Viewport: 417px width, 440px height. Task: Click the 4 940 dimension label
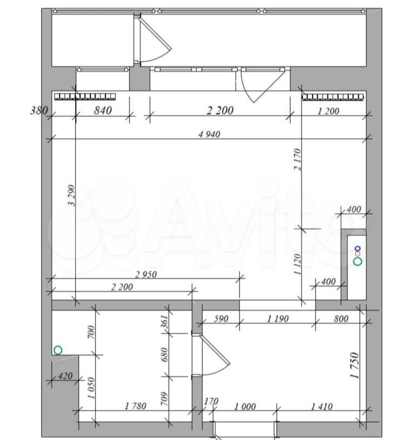click(x=209, y=134)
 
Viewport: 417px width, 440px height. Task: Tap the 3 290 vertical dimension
click(x=72, y=195)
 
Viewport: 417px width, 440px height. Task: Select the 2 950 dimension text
click(x=146, y=274)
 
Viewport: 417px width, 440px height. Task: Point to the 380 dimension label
click(x=39, y=111)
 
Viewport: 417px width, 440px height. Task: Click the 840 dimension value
click(x=103, y=111)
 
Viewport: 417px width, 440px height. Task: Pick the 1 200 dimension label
click(x=329, y=111)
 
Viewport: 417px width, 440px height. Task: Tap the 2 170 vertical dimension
click(x=297, y=160)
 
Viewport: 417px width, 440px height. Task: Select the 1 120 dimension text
click(x=297, y=264)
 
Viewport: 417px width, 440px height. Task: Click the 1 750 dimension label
click(x=354, y=366)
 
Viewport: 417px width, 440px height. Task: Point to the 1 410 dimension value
click(x=322, y=407)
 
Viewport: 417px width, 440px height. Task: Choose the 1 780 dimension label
click(x=135, y=406)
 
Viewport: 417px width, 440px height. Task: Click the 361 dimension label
click(x=165, y=321)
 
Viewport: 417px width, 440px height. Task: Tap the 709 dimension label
click(x=165, y=399)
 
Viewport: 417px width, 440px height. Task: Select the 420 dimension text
click(x=65, y=375)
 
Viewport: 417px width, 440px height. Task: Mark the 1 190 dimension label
click(x=278, y=319)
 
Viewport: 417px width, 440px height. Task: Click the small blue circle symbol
click(x=358, y=249)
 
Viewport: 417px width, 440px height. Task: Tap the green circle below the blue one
click(x=358, y=262)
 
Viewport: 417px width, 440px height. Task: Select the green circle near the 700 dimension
click(x=58, y=350)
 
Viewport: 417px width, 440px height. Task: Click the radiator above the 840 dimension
click(x=85, y=97)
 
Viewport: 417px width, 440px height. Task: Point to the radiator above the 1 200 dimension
click(x=333, y=97)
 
